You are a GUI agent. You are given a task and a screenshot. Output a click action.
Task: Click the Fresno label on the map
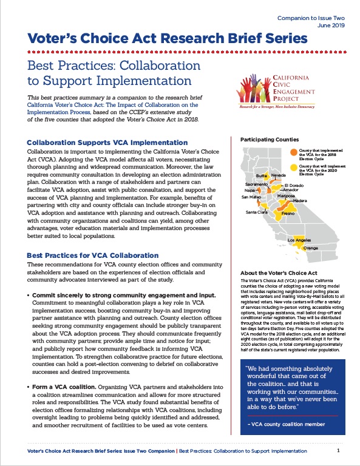tap(288, 214)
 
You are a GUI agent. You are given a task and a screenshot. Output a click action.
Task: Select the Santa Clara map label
tap(257, 212)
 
